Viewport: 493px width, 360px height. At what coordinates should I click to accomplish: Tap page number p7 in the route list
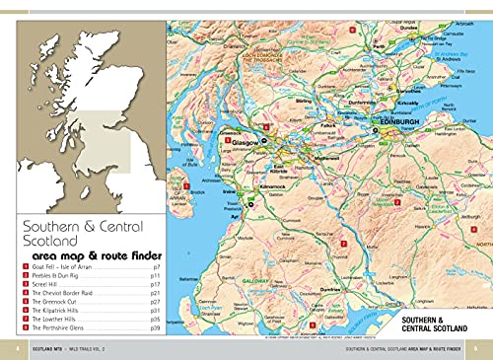[x=156, y=266]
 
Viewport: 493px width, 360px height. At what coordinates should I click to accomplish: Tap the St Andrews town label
[x=445, y=57]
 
